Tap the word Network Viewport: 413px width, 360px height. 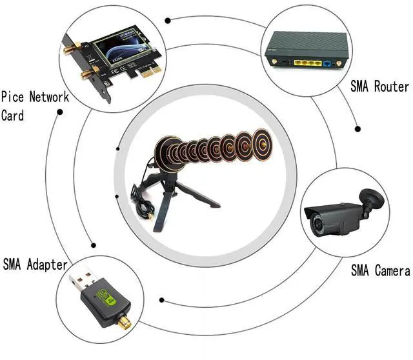click(x=51, y=98)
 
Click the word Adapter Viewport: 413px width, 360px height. click(x=46, y=265)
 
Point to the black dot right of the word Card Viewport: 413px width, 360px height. click(x=60, y=112)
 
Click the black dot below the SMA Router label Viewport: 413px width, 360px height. click(x=358, y=129)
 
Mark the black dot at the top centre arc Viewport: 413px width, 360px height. click(x=168, y=20)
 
